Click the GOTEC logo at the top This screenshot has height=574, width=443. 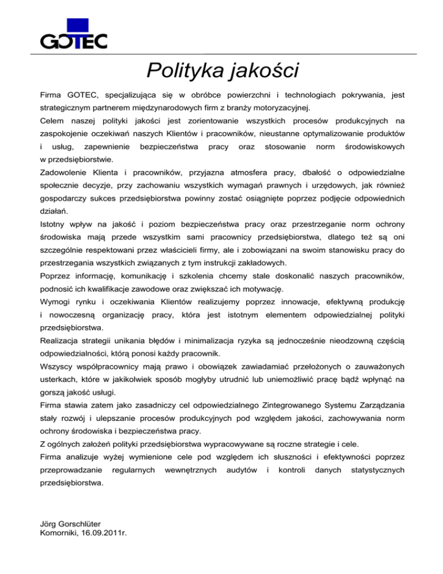pos(74,35)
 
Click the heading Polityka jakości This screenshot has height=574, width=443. pos(221,70)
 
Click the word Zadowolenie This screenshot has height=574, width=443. pos(68,172)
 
